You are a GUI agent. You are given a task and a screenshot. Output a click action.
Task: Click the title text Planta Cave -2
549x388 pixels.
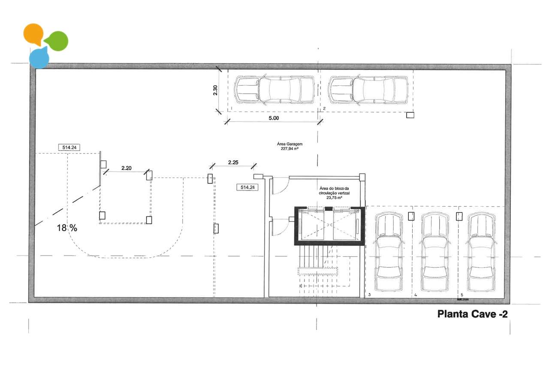pyautogui.click(x=472, y=314)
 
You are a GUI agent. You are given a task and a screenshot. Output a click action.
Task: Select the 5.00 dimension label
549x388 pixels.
pyautogui.click(x=273, y=118)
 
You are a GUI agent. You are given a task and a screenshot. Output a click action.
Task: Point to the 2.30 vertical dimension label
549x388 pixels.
pyautogui.click(x=216, y=90)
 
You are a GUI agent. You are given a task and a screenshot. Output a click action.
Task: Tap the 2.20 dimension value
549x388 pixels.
pyautogui.click(x=126, y=168)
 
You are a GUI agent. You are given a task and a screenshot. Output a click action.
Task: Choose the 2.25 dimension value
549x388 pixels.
pyautogui.click(x=233, y=162)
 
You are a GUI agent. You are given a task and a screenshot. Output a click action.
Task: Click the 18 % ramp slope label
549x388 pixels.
pyautogui.click(x=67, y=228)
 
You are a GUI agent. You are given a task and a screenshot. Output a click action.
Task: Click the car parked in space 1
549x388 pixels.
pyautogui.click(x=274, y=90)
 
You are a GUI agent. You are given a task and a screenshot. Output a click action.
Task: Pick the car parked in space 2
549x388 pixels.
pyautogui.click(x=368, y=90)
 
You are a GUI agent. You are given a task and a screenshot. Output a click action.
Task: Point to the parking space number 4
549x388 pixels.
pyautogui.click(x=416, y=295)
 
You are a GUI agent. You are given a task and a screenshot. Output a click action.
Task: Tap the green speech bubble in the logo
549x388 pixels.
pyautogui.click(x=57, y=41)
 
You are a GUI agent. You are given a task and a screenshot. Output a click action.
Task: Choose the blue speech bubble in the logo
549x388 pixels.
pyautogui.click(x=39, y=58)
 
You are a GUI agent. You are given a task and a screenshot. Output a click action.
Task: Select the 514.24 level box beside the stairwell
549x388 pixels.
pyautogui.click(x=247, y=187)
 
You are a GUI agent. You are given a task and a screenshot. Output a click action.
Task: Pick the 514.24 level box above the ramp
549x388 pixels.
pyautogui.click(x=69, y=147)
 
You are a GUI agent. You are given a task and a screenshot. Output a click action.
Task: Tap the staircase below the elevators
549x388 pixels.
pyautogui.click(x=317, y=270)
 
